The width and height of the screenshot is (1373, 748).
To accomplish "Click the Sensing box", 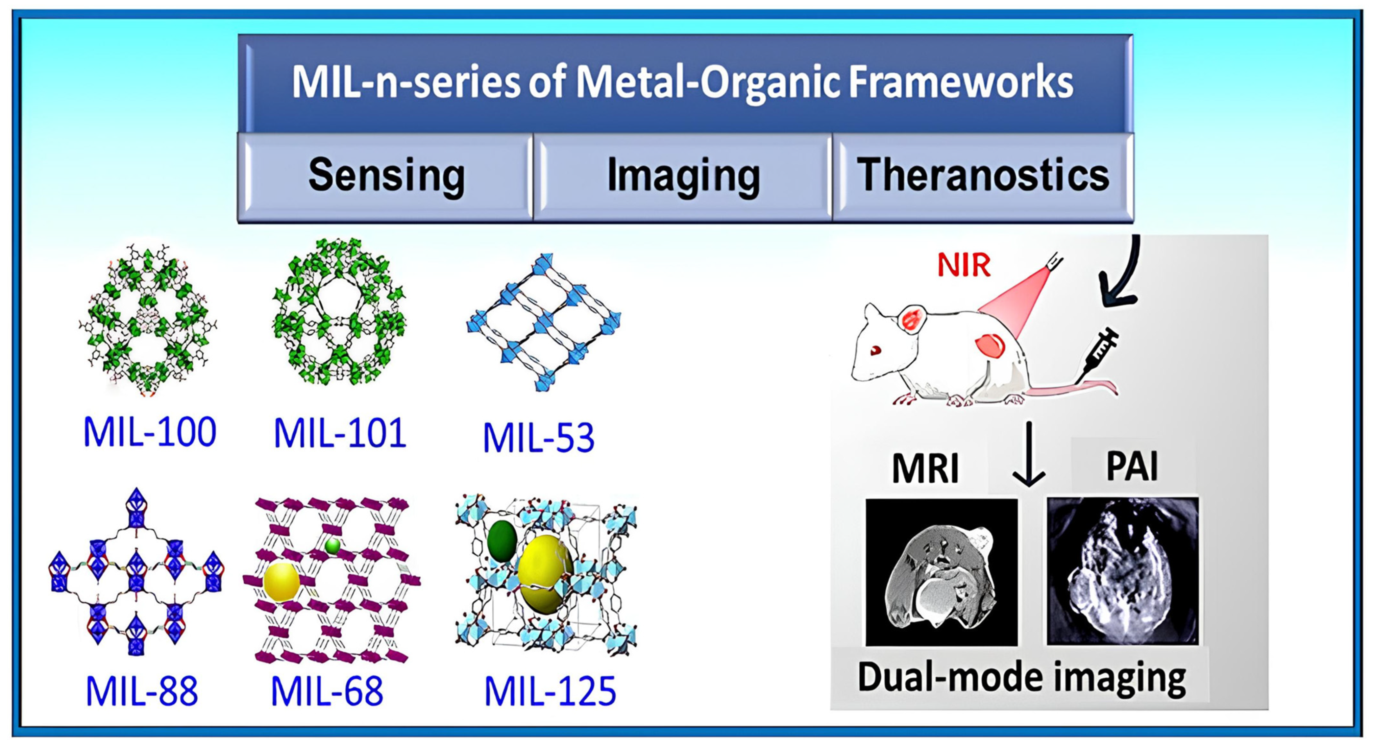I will pyautogui.click(x=386, y=176).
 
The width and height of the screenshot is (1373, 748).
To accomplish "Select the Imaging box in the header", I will pyautogui.click(x=683, y=176).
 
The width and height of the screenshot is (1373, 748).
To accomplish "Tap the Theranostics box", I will pyautogui.click(x=983, y=176).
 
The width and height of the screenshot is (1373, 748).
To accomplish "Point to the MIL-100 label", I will pyautogui.click(x=150, y=432).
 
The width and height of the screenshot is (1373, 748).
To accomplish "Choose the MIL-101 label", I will pyautogui.click(x=340, y=433).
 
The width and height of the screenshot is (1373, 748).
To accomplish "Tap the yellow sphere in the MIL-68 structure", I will pyautogui.click(x=281, y=582).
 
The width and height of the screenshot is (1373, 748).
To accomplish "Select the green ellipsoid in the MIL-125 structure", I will pyautogui.click(x=501, y=541).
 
